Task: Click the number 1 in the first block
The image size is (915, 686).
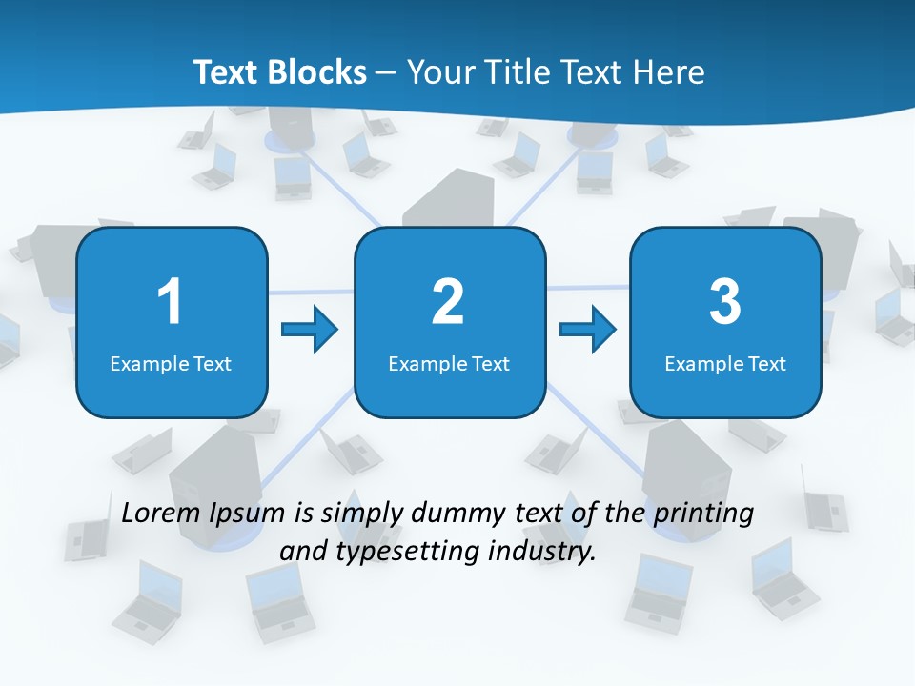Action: (170, 301)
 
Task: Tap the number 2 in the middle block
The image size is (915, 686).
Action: (448, 301)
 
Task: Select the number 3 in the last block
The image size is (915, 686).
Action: (725, 301)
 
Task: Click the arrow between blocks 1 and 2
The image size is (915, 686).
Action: (311, 330)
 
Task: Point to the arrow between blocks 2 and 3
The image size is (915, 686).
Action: (588, 330)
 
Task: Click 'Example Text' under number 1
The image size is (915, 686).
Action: (171, 363)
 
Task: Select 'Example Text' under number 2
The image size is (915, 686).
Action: (449, 363)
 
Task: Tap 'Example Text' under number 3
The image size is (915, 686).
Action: (725, 363)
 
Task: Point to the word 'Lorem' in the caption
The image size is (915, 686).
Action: (162, 513)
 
